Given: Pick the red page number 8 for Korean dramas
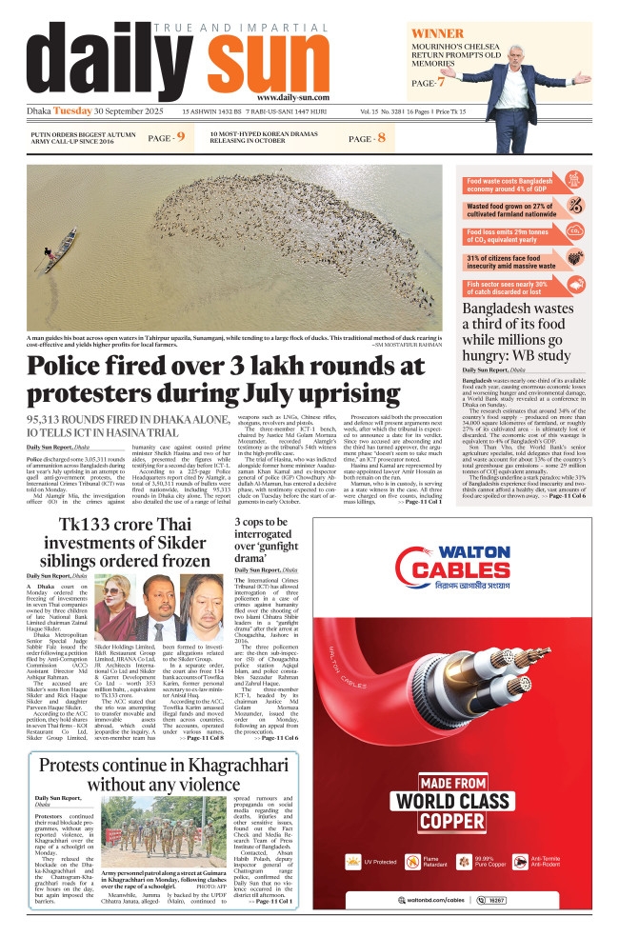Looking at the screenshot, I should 381,139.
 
